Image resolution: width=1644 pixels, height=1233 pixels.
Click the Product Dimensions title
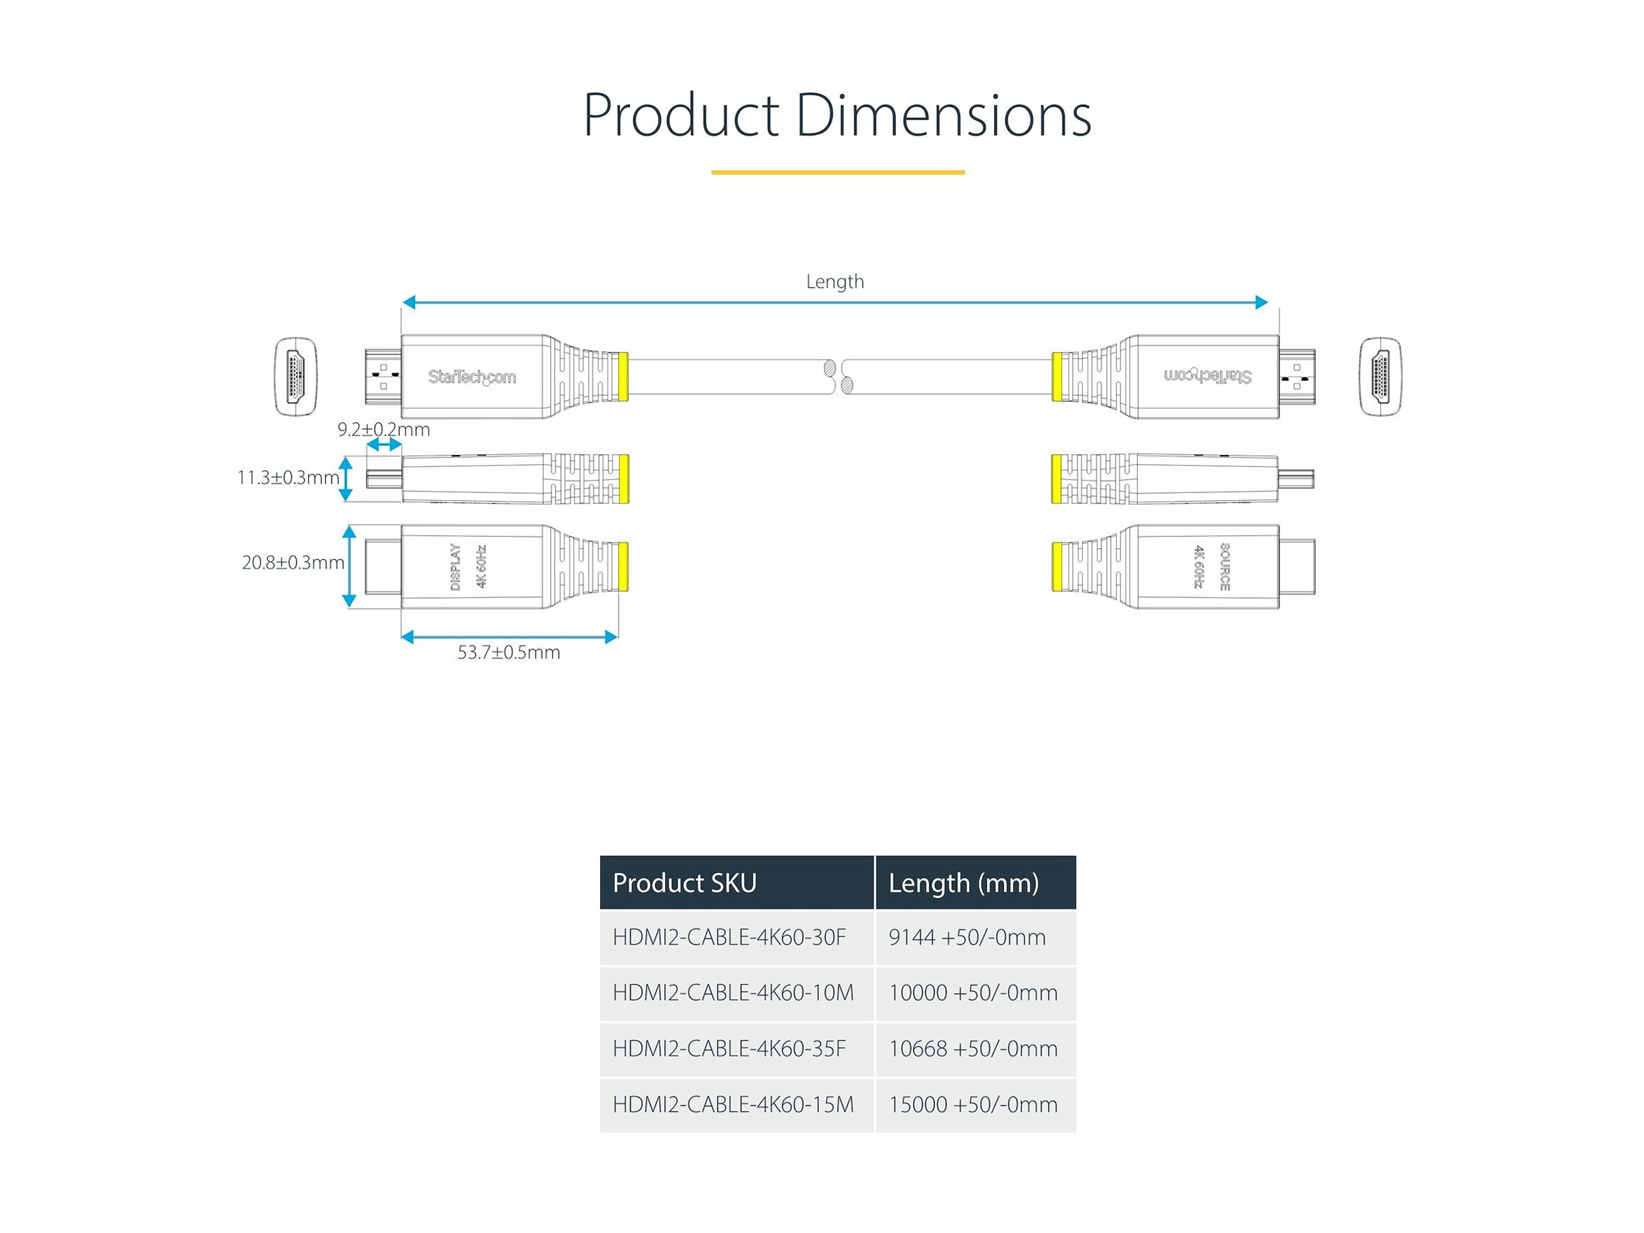coord(837,116)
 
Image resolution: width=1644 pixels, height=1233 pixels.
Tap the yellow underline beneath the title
coord(838,173)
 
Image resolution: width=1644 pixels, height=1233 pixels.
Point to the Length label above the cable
coord(834,282)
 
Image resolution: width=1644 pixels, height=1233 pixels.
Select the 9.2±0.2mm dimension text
coord(384,429)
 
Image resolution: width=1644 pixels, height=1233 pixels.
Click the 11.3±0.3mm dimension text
coord(288,478)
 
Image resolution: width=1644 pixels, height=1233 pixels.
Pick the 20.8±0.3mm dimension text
coord(292,562)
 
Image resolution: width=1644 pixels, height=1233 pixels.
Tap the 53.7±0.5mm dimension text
coord(508,653)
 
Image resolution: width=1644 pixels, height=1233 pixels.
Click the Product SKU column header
coord(684,883)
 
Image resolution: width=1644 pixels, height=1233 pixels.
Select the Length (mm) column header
coord(963,883)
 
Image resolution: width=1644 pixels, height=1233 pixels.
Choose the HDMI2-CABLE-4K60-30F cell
coord(729,937)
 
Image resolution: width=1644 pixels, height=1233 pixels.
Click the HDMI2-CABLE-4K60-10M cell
coord(733,993)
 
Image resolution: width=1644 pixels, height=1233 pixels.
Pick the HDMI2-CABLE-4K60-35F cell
coord(729,1049)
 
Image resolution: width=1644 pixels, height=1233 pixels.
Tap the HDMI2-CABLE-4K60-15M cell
coord(733,1104)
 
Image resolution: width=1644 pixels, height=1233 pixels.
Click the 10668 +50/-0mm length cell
coord(973,1049)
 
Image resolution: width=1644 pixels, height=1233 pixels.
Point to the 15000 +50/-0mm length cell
coord(973,1104)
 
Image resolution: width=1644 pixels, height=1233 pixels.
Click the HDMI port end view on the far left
coord(296,376)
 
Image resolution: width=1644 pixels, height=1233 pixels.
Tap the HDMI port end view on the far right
coord(1380,376)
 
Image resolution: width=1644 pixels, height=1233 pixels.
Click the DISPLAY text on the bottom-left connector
coord(456,567)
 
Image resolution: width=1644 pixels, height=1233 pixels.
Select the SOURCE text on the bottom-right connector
coord(1225,567)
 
